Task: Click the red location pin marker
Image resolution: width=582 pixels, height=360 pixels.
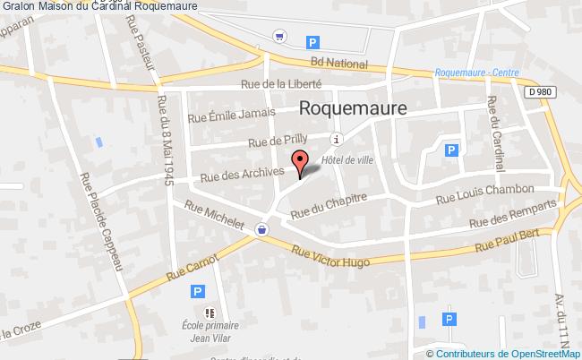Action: [299, 161]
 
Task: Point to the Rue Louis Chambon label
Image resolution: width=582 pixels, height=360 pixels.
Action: [484, 196]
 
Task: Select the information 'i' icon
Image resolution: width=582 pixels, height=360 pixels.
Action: [336, 139]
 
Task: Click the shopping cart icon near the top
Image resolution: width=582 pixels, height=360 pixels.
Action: [281, 38]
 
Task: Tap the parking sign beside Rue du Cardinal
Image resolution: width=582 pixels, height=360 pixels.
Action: [452, 150]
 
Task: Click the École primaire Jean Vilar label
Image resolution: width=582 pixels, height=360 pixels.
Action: [210, 330]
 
